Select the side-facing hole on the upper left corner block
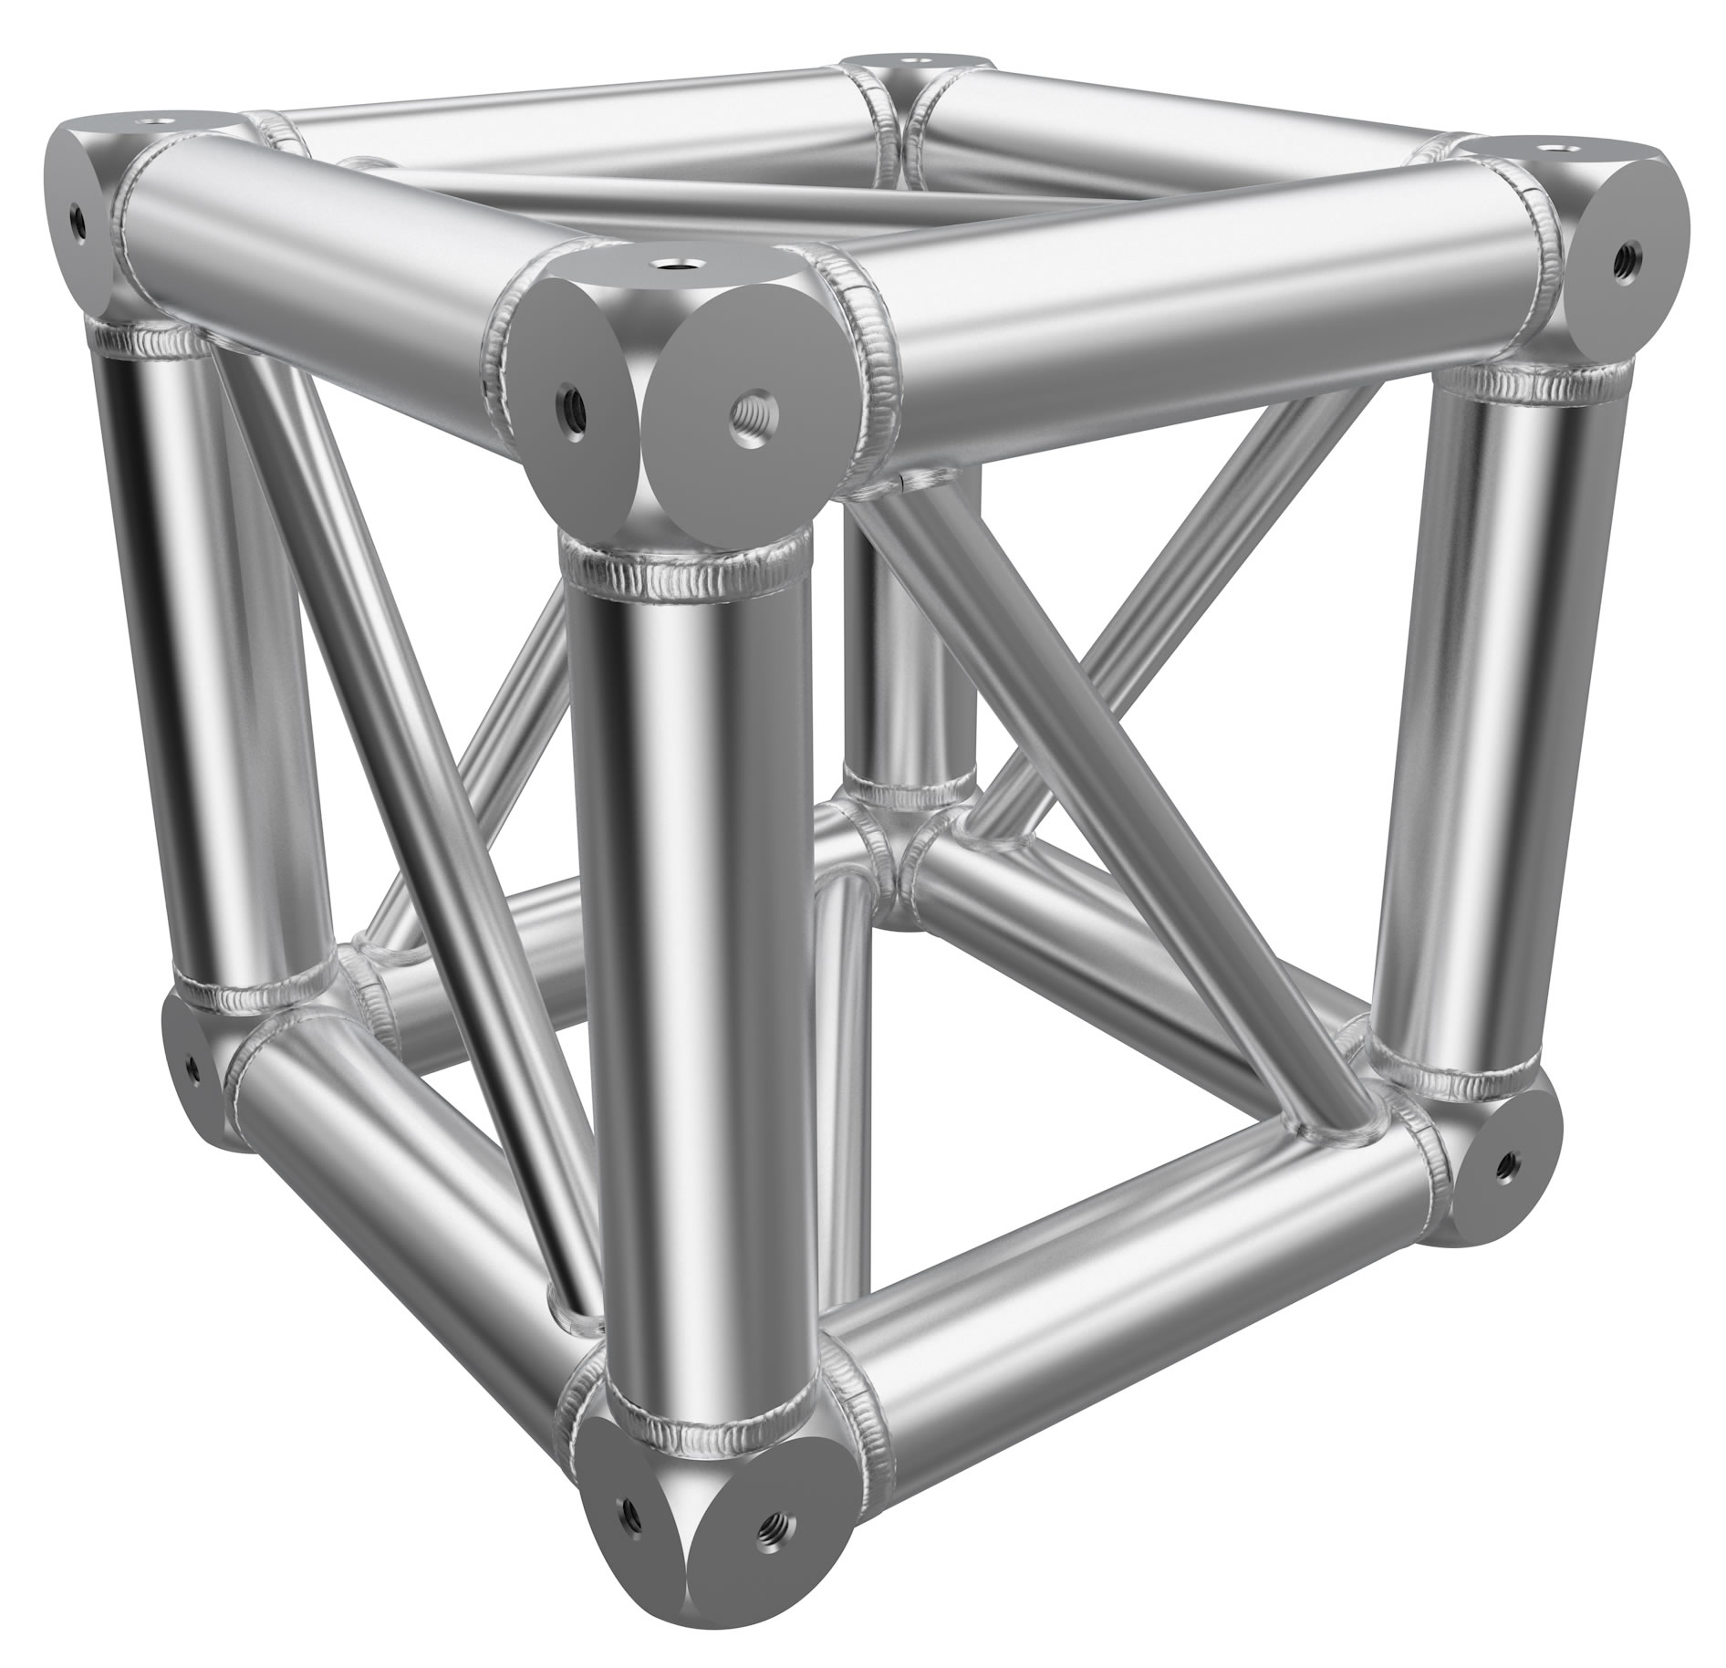[79, 219]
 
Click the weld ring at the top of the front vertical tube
[686, 570]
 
